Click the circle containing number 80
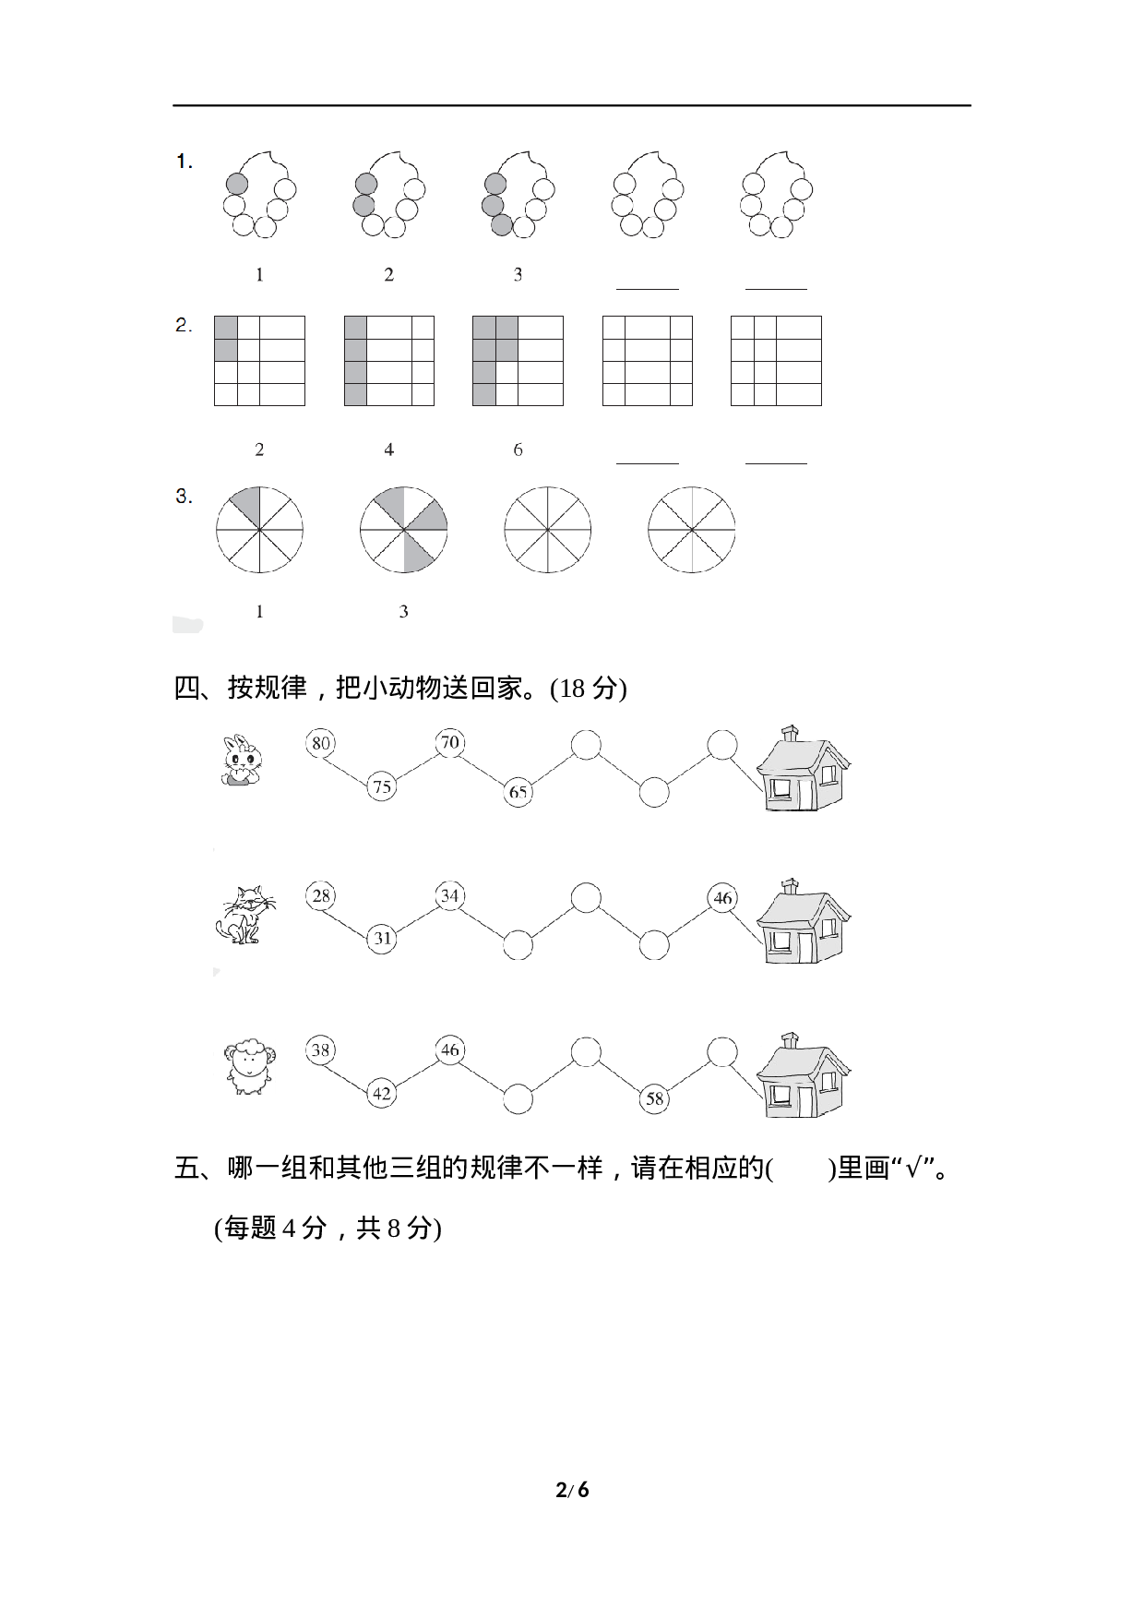pyautogui.click(x=320, y=743)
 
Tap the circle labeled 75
pyautogui.click(x=381, y=787)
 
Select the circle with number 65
pyautogui.click(x=518, y=792)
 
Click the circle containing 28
pyautogui.click(x=320, y=896)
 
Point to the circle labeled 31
pyautogui.click(x=381, y=939)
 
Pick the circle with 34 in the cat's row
pyautogui.click(x=449, y=896)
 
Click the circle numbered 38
pyautogui.click(x=320, y=1050)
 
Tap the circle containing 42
pyautogui.click(x=381, y=1094)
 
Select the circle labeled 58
pyautogui.click(x=654, y=1098)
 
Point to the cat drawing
pyautogui.click(x=244, y=915)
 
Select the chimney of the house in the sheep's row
pyautogui.click(x=790, y=1042)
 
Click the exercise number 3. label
pyautogui.click(x=185, y=497)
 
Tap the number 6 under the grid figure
pyautogui.click(x=518, y=450)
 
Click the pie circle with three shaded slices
pyautogui.click(x=403, y=530)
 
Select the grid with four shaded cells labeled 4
pyautogui.click(x=388, y=361)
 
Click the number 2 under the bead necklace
pyautogui.click(x=388, y=275)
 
